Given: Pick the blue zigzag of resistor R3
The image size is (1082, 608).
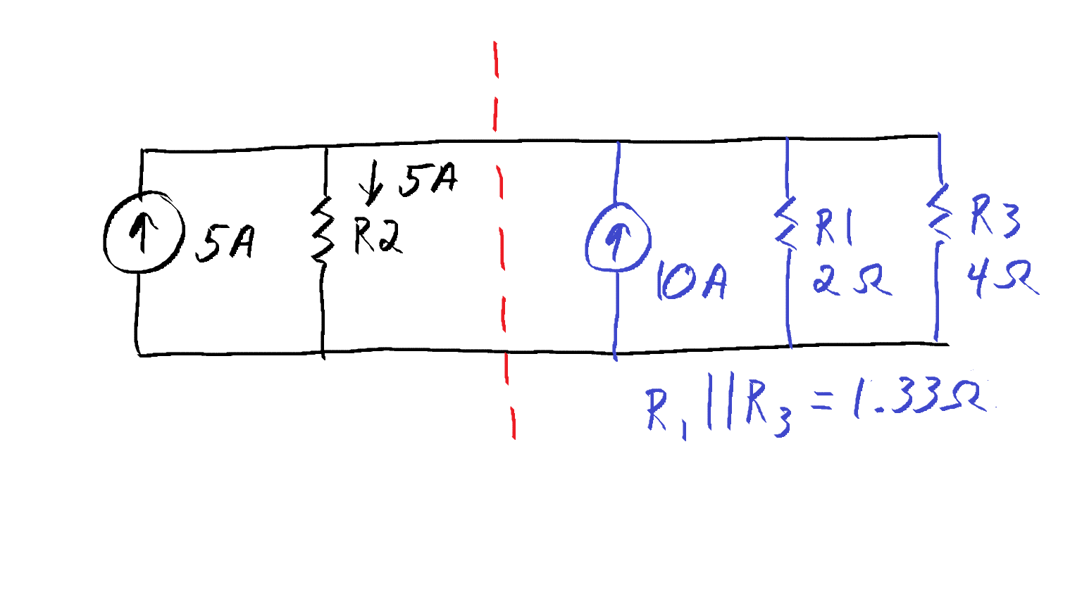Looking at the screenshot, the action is (x=939, y=212).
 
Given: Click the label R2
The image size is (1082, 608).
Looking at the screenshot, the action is (x=378, y=236).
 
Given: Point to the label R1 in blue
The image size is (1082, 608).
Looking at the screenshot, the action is (x=834, y=227).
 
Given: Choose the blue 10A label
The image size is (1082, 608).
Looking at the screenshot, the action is (x=692, y=281).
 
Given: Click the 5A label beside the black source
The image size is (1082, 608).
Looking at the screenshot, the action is (x=224, y=243).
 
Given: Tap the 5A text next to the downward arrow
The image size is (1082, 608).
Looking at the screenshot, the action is (x=428, y=180).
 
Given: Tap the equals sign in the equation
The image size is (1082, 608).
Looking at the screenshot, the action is (x=822, y=401).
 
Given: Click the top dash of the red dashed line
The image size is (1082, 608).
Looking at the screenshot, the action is (x=496, y=59).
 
